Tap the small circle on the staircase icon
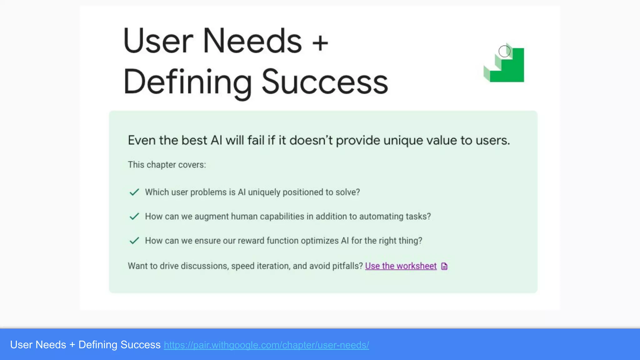pyautogui.click(x=504, y=51)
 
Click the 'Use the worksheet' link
pyautogui.click(x=401, y=266)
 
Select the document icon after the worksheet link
pyautogui.click(x=444, y=266)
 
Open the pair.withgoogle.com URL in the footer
pyautogui.click(x=266, y=345)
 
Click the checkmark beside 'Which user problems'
pyautogui.click(x=134, y=192)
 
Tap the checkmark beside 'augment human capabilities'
pyautogui.click(x=134, y=216)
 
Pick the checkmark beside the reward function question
pyautogui.click(x=134, y=241)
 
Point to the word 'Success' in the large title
pyautogui.click(x=325, y=82)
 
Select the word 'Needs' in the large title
pyautogui.click(x=252, y=41)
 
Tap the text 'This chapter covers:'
pyautogui.click(x=167, y=165)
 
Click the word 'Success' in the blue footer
pyautogui.click(x=140, y=345)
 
